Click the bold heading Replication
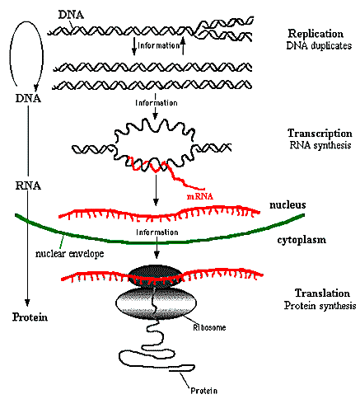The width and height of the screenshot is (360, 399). tap(316, 34)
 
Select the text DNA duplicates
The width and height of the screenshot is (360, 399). tap(319, 45)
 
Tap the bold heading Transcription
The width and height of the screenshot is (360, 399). tap(320, 134)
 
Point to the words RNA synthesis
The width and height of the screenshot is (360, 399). tap(320, 145)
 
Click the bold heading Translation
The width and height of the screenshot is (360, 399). tap(322, 293)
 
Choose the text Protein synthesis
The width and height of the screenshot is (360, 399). tap(320, 305)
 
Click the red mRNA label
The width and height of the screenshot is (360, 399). tap(200, 196)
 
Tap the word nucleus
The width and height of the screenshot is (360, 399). tap(288, 204)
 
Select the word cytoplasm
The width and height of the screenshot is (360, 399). tap(302, 240)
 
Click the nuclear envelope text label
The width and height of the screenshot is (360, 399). tap(70, 253)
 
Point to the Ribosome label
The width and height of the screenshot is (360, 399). tap(209, 327)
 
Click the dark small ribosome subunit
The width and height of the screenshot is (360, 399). tap(155, 276)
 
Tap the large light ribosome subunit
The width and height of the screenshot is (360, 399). tap(157, 303)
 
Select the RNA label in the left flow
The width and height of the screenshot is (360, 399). tap(28, 185)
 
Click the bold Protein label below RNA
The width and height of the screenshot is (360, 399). tap(30, 317)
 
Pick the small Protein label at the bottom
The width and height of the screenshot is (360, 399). tap(203, 391)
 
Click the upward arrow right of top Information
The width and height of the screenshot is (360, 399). tap(183, 45)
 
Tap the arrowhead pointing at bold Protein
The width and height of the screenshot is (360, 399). tap(27, 303)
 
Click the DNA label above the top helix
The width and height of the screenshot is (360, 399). tap(71, 15)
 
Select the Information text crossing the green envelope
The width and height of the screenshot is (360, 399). tap(157, 232)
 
